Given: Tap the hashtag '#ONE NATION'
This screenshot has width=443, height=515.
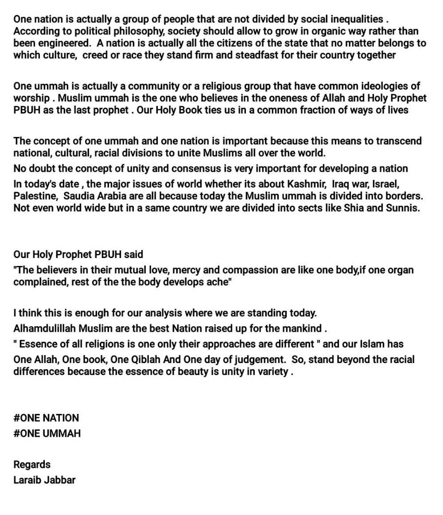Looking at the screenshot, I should pyautogui.click(x=46, y=418).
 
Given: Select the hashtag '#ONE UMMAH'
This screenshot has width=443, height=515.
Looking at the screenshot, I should pyautogui.click(x=47, y=433).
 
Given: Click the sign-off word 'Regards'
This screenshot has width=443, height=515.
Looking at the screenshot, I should pyautogui.click(x=32, y=465).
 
